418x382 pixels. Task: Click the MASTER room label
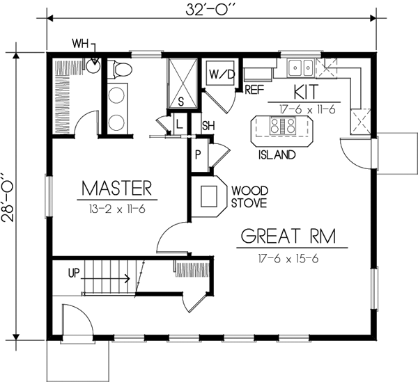(116, 188)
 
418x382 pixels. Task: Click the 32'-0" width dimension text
(211, 10)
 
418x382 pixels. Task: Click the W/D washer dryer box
(217, 73)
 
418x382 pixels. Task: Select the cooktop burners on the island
(283, 126)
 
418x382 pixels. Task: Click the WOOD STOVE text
(249, 196)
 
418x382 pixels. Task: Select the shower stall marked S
(181, 82)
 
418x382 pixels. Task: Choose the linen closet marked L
(179, 123)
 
